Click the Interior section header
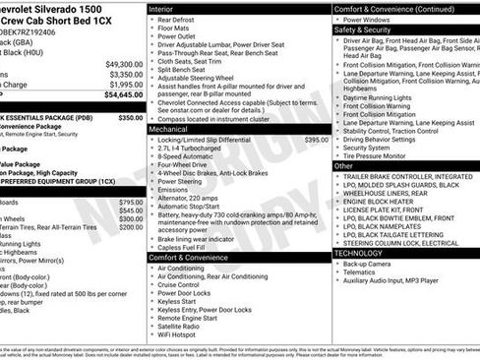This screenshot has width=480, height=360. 167,8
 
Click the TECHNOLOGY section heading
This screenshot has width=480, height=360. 365,253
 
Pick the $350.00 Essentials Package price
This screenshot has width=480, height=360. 130,117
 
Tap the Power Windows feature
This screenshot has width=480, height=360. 367,19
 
